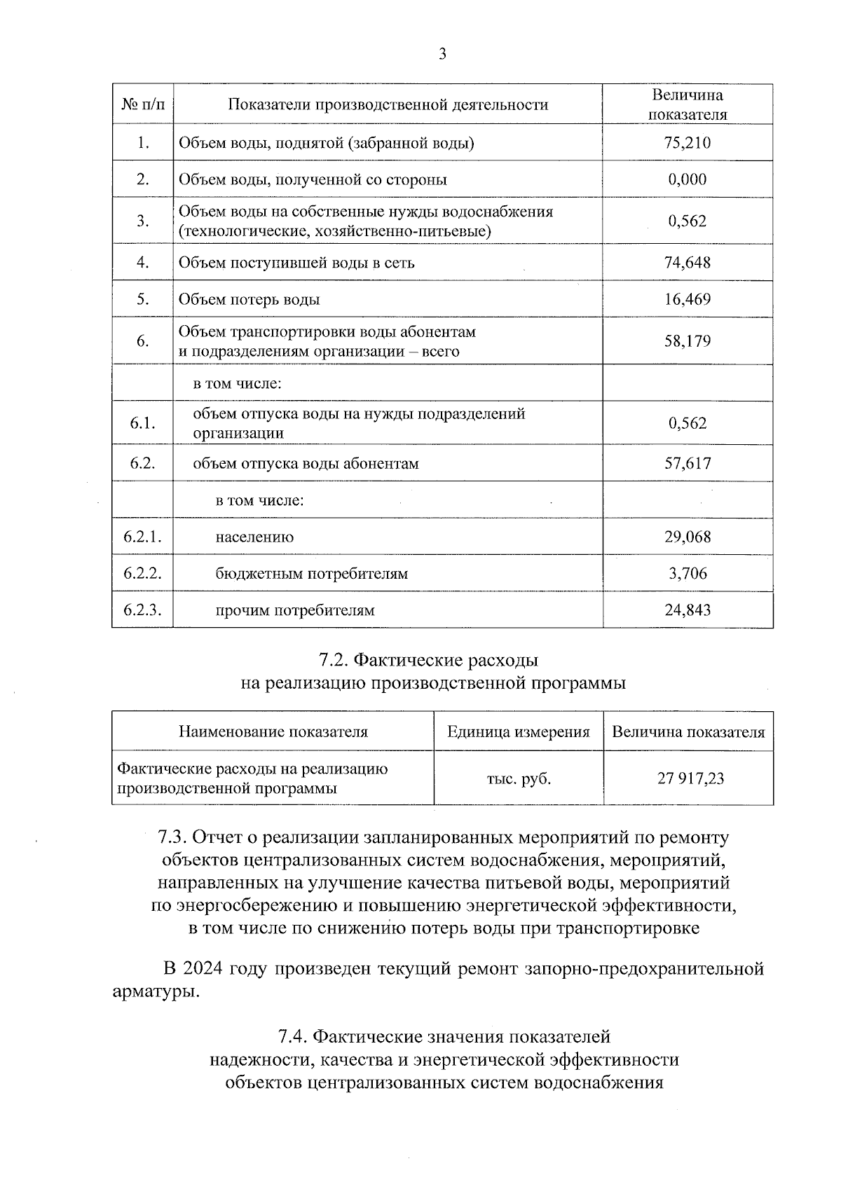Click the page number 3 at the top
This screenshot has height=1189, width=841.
pos(442,54)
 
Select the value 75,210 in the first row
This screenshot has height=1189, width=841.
pos(687,143)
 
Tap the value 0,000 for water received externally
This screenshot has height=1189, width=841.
pos(687,179)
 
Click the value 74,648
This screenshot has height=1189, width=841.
pos(687,263)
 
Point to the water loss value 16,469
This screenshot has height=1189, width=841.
pos(687,299)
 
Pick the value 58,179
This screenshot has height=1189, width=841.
pos(687,341)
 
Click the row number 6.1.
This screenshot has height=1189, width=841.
pos(142,423)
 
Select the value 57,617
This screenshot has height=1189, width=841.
pos(687,463)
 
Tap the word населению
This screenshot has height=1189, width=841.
pos(254,537)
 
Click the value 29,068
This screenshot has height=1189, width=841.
pos(687,537)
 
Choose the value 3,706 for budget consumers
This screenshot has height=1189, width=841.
pos(688,574)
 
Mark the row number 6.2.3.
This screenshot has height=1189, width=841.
pos(142,610)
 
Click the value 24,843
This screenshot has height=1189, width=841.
pos(687,610)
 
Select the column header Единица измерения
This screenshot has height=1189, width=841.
pos(519,732)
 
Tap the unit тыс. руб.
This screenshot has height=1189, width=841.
pos(519,778)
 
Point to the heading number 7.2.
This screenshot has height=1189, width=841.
pos(334,660)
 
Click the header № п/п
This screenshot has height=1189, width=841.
pos(142,105)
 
